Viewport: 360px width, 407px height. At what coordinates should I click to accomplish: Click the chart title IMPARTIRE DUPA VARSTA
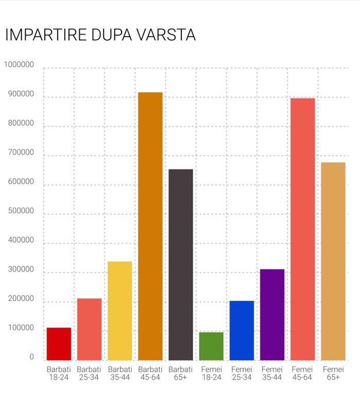point(100,35)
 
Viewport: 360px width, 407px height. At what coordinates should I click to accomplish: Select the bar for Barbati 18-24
point(59,344)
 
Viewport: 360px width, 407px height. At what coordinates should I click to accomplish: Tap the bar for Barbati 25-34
point(89,329)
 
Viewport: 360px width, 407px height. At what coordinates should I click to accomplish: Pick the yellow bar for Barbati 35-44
point(119,311)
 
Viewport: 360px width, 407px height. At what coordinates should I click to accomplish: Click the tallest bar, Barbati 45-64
point(150,226)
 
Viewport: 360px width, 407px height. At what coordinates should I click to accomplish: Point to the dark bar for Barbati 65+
point(181,264)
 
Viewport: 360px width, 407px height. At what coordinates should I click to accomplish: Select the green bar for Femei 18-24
point(211,346)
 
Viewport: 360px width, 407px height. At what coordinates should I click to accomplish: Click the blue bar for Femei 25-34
point(242,330)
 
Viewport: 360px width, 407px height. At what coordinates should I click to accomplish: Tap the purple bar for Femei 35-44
point(272,314)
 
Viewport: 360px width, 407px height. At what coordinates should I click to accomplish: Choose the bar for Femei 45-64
point(302,229)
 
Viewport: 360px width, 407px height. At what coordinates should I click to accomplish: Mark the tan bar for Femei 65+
point(333,261)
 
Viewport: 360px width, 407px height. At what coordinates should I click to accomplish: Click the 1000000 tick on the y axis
point(19,65)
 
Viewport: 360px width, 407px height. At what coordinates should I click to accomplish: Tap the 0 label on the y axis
point(31,357)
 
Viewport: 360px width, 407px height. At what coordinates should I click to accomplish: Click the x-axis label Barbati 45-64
point(150,373)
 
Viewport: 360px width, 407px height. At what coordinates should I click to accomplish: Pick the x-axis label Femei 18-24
point(211,373)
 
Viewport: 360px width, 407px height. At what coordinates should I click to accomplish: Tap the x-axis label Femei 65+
point(333,373)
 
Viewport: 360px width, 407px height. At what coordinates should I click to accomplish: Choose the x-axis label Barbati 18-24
point(59,373)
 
